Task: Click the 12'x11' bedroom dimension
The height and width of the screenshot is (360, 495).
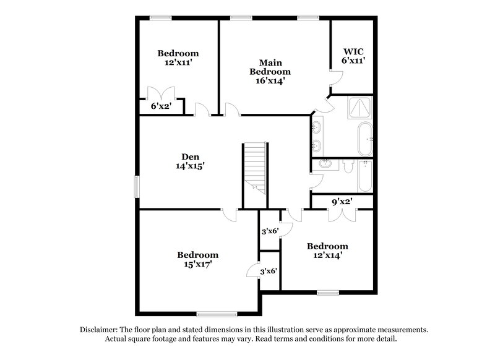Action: (178, 62)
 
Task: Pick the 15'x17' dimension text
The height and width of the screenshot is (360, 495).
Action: (197, 264)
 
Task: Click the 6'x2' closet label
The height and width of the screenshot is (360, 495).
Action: (161, 106)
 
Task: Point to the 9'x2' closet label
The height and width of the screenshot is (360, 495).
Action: (342, 201)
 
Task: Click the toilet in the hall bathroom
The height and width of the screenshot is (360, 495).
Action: (347, 166)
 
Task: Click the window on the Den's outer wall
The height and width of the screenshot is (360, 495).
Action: (137, 186)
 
